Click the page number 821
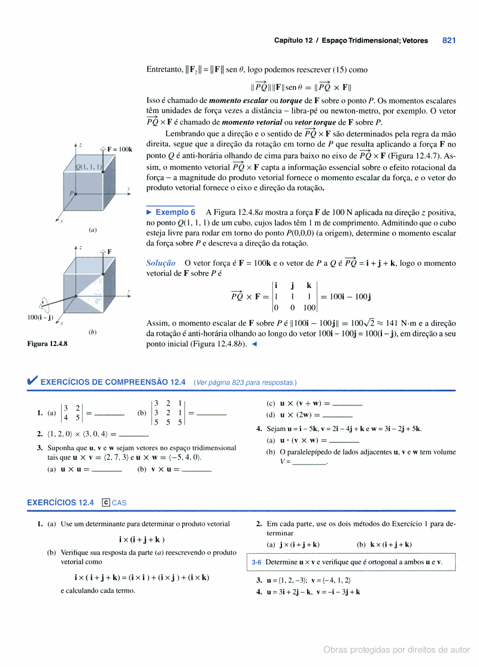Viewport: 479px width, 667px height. coord(449,41)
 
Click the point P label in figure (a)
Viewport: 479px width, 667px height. coord(71,193)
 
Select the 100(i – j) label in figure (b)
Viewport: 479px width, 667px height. coord(40,317)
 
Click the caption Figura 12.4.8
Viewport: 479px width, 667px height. coord(47,344)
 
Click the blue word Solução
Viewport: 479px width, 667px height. coord(160,263)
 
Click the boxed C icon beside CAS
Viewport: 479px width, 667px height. coord(106,502)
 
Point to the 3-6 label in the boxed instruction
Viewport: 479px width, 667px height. coord(257,562)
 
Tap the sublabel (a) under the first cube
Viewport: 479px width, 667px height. coord(93,229)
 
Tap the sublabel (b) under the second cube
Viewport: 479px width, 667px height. coord(93,331)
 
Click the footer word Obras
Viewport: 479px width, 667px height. coord(336,650)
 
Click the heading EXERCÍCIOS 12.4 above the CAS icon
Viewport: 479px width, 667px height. coord(60,502)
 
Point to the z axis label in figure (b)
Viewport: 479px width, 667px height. coord(80,247)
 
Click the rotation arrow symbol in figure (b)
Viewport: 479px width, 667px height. coord(44,304)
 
